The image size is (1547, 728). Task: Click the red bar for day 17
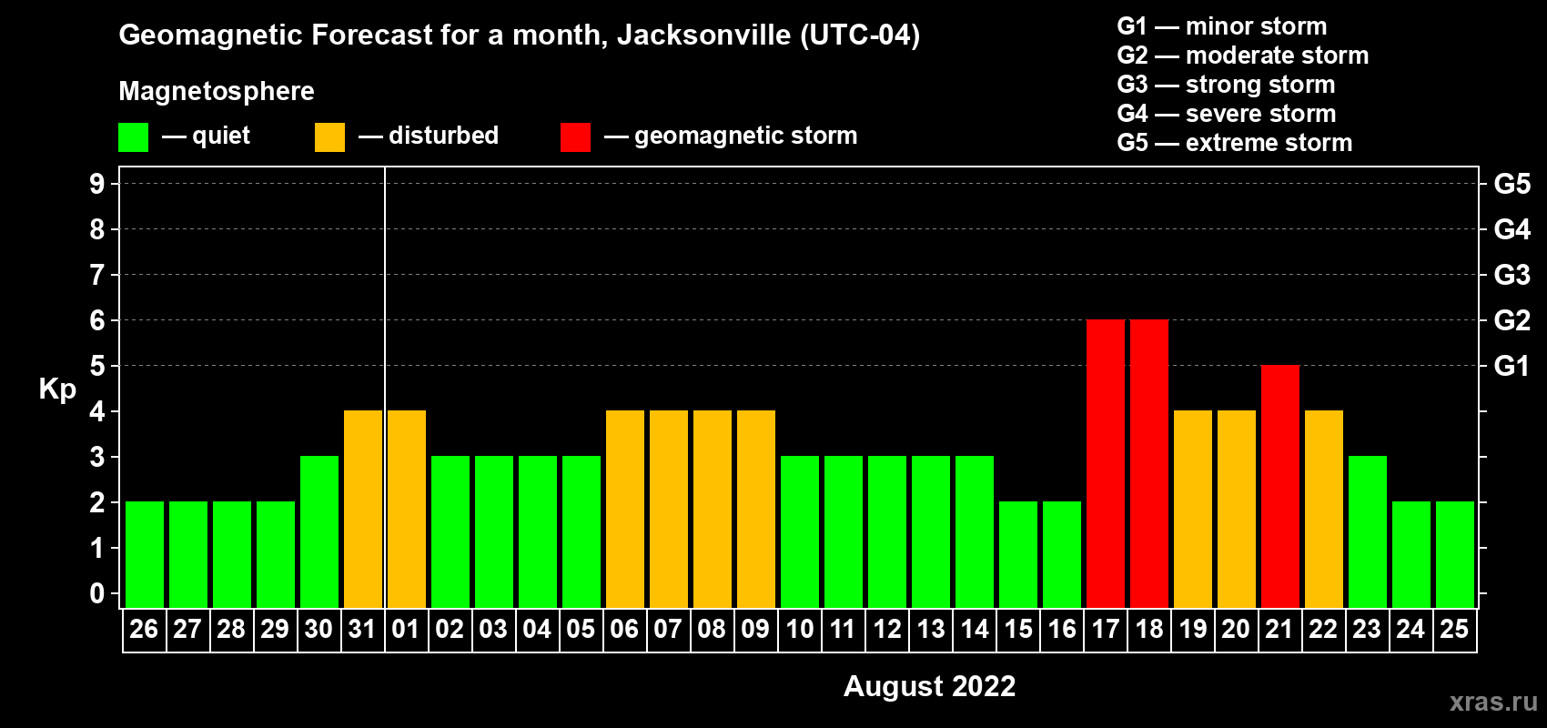click(x=1106, y=463)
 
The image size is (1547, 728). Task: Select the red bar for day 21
click(x=1280, y=486)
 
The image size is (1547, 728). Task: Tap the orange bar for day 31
click(x=363, y=509)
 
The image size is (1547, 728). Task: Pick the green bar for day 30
click(x=319, y=531)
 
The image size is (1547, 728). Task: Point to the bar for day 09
click(x=756, y=509)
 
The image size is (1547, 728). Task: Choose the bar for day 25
click(x=1455, y=554)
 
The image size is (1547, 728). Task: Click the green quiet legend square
click(x=134, y=137)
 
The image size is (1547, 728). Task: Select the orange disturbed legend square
click(x=329, y=137)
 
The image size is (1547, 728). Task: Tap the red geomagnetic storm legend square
click(x=575, y=137)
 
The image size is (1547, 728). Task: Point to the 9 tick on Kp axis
click(x=97, y=184)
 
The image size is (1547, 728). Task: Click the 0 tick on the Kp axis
click(x=97, y=594)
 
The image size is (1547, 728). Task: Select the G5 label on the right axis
click(x=1512, y=184)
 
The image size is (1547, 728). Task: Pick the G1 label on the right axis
click(x=1512, y=366)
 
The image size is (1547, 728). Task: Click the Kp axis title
click(x=57, y=389)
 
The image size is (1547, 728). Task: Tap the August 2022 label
click(x=929, y=686)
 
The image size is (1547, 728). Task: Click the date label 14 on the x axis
click(x=975, y=629)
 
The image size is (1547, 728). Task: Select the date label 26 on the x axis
click(x=144, y=629)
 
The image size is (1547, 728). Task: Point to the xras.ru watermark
click(x=1493, y=702)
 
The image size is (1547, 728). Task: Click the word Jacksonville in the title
click(x=703, y=35)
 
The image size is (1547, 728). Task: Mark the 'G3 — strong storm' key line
click(x=1226, y=85)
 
